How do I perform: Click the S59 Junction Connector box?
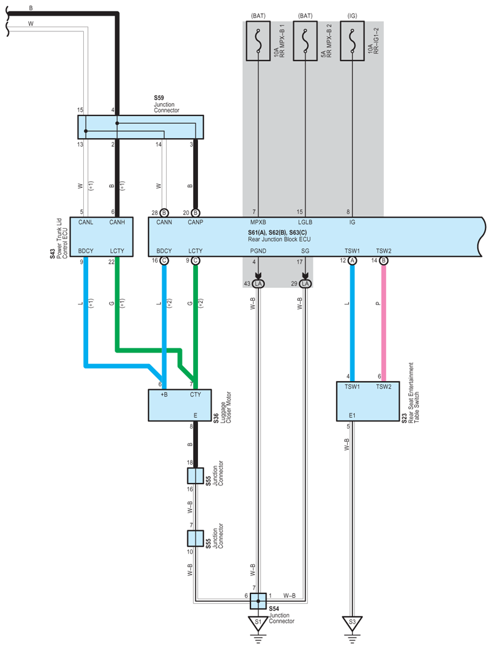tap(141, 127)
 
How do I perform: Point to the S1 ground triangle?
tap(258, 622)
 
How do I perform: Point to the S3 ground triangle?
tap(350, 622)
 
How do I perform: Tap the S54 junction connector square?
tap(258, 601)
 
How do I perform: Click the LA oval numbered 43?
tap(258, 284)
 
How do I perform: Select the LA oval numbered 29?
tap(305, 284)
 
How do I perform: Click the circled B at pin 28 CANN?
tap(164, 213)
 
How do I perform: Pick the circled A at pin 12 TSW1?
tap(351, 260)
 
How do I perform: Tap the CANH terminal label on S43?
tap(117, 223)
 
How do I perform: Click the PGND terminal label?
tap(258, 251)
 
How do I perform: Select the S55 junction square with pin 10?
tap(196, 537)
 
